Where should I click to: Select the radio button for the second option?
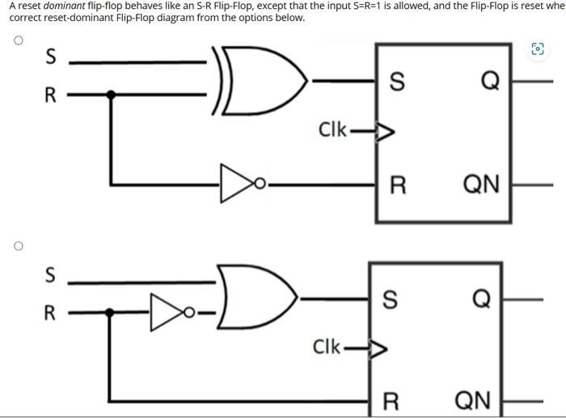17,244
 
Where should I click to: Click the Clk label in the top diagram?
332,130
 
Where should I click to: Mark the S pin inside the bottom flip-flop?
390,299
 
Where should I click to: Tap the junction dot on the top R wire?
112,95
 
